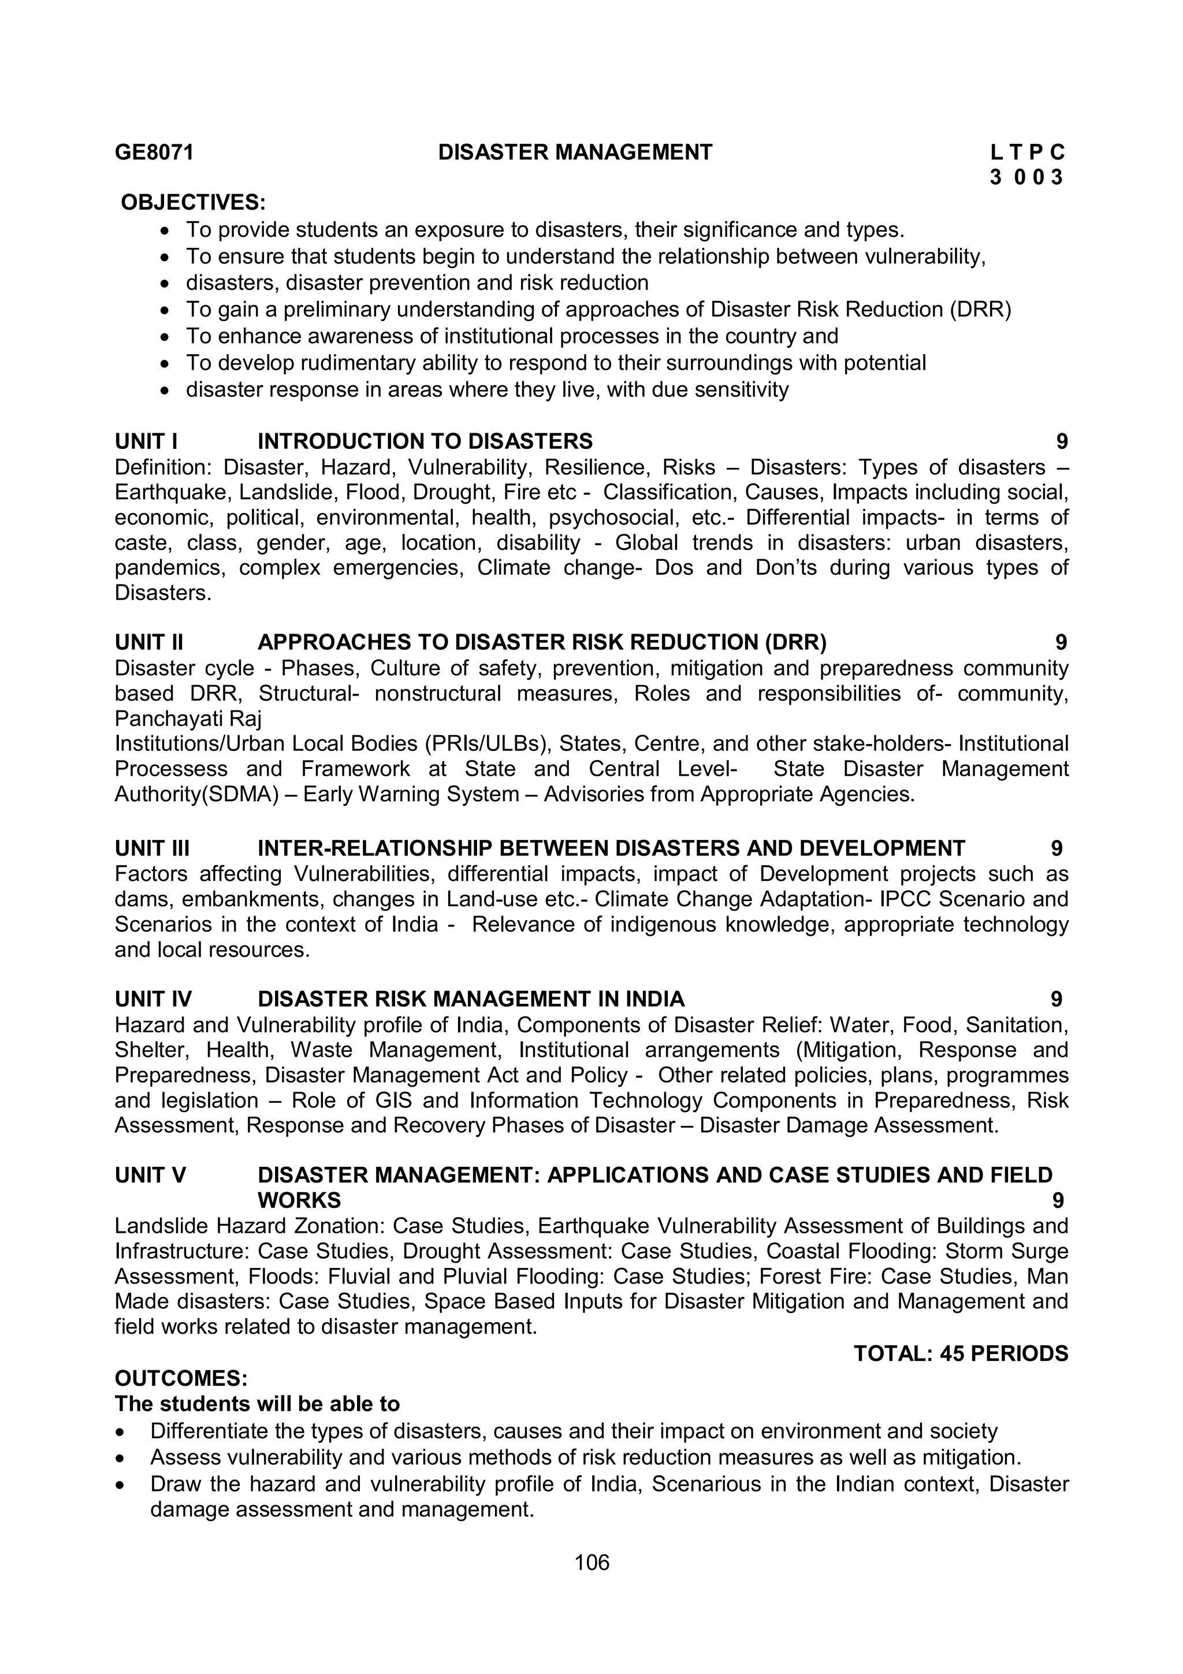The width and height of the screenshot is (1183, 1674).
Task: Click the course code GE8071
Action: [155, 152]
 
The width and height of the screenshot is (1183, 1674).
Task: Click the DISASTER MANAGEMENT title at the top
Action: [575, 152]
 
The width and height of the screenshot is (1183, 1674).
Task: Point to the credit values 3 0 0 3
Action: [1027, 177]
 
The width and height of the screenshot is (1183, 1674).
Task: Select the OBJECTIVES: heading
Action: [193, 202]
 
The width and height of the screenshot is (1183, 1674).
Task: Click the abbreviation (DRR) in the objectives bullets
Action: [980, 310]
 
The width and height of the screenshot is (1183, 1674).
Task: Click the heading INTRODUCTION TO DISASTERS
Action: [425, 441]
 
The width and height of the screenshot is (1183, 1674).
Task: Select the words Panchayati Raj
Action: [188, 719]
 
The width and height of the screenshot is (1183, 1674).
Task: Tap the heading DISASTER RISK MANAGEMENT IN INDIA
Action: [471, 999]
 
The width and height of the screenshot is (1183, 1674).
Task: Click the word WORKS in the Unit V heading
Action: [299, 1200]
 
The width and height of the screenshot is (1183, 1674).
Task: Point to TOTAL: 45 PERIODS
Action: [961, 1354]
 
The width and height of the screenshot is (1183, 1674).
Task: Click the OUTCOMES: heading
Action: [181, 1379]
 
